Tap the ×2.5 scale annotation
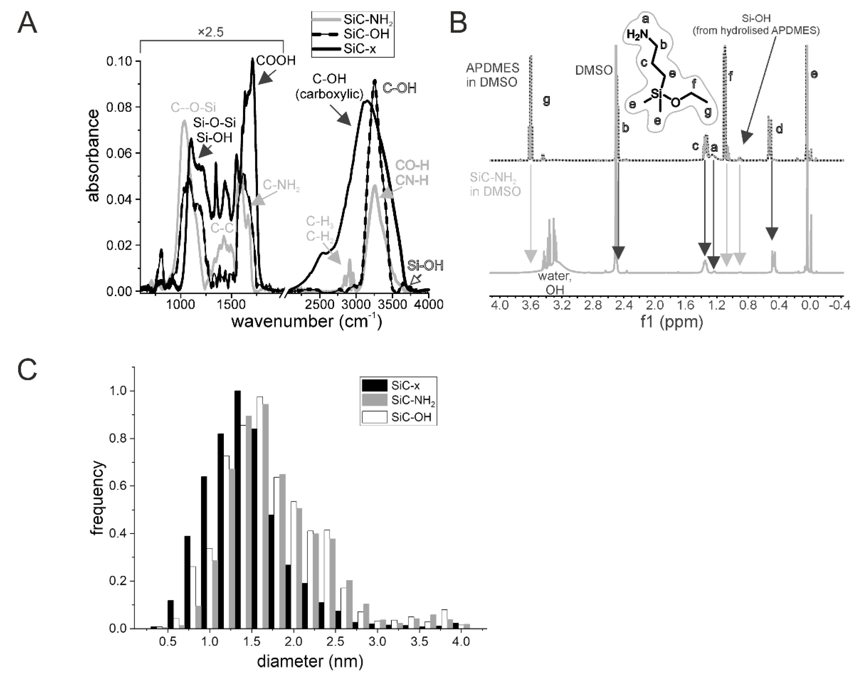click(x=211, y=32)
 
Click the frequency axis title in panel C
click(x=98, y=498)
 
